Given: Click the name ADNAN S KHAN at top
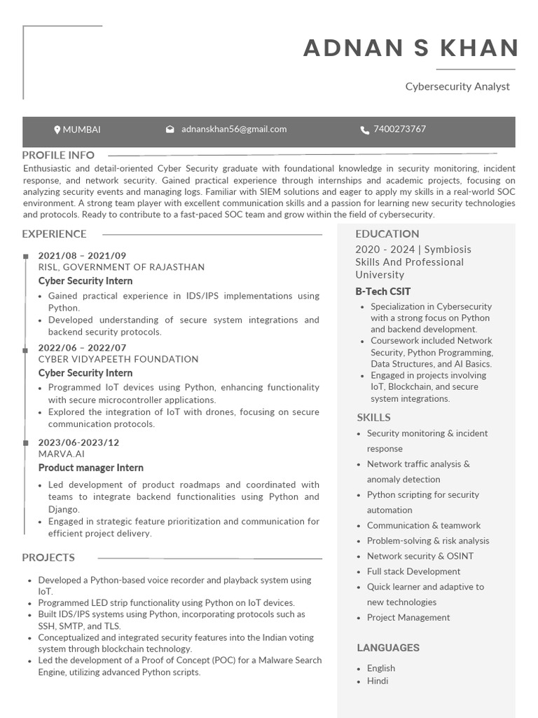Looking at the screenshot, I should (x=411, y=48).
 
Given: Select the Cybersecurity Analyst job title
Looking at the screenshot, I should (x=457, y=86).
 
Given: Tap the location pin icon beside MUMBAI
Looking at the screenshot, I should (x=57, y=130).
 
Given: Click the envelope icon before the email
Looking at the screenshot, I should (x=170, y=130).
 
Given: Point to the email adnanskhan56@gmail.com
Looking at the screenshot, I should (x=234, y=129).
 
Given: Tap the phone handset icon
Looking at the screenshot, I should (x=364, y=130).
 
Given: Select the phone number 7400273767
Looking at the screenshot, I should (x=399, y=129).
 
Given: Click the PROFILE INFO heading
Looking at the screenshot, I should (x=58, y=155).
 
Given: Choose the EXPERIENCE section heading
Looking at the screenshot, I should (x=54, y=234).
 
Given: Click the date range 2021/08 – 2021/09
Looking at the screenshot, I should (x=82, y=256).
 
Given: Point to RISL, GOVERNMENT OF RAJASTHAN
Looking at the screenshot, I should (x=121, y=267).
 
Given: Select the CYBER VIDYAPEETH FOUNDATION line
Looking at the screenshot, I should (x=118, y=359).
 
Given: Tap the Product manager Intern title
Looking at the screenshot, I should (x=90, y=468).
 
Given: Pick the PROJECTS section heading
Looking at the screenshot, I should (x=48, y=557).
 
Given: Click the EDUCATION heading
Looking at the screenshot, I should (x=387, y=234).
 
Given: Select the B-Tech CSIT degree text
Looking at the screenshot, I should (x=382, y=292).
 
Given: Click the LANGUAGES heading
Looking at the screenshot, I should (x=388, y=648).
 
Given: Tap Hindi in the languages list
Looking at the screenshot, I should (x=378, y=681).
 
